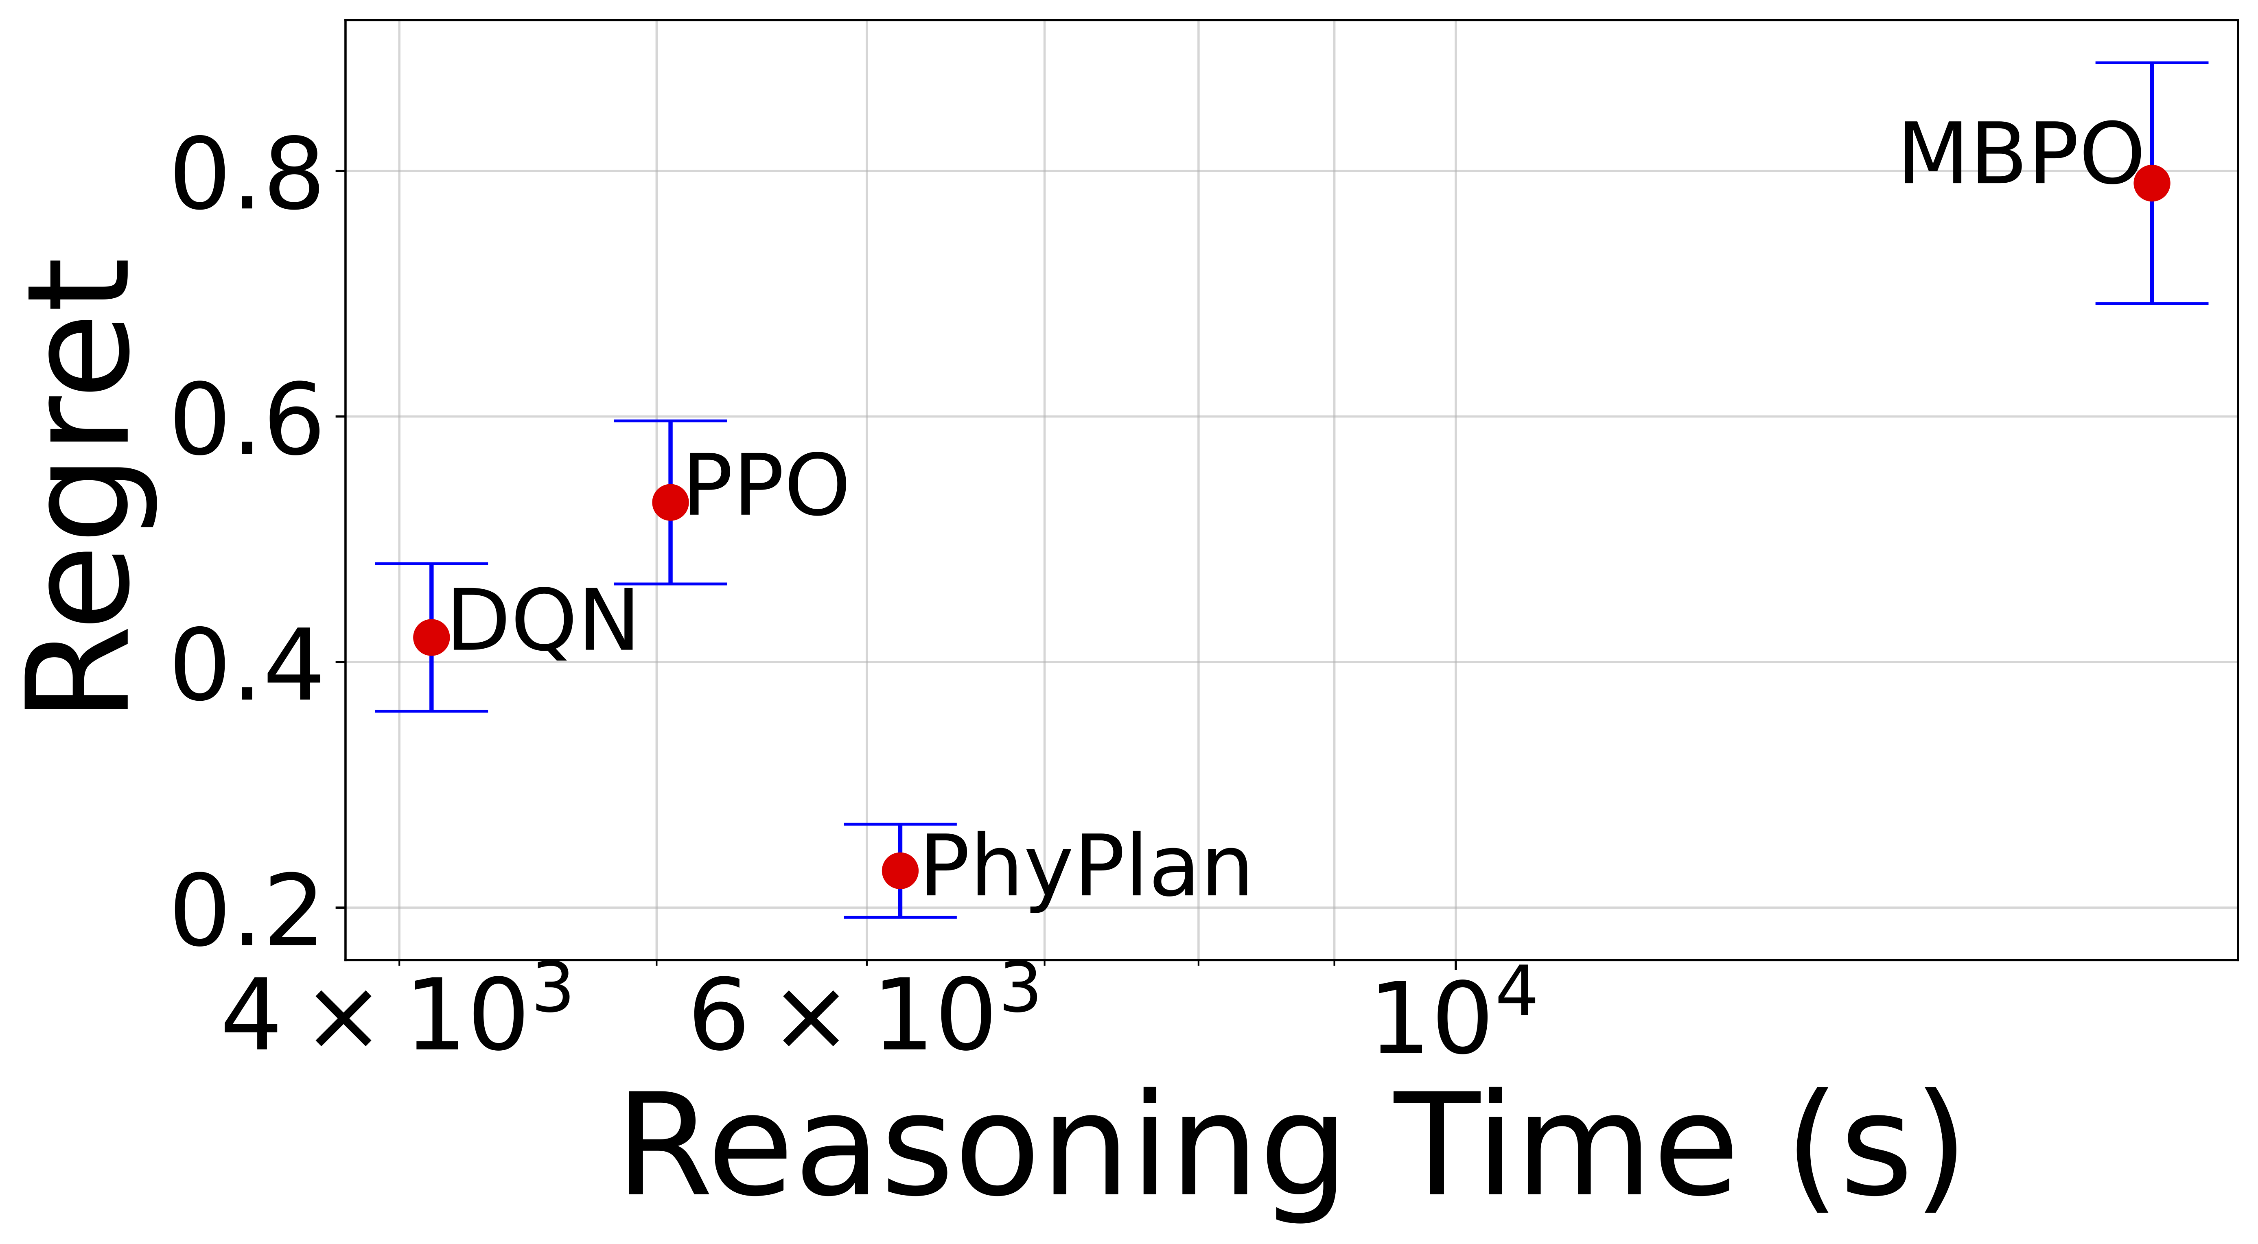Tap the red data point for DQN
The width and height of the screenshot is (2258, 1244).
pyautogui.click(x=431, y=636)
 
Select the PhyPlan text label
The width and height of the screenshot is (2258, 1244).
pyautogui.click(x=1087, y=868)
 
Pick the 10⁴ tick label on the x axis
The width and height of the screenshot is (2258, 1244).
pyautogui.click(x=1455, y=1015)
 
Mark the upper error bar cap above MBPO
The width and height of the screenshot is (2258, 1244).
pyautogui.click(x=2151, y=63)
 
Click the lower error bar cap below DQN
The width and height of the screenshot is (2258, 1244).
pyautogui.click(x=431, y=711)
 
